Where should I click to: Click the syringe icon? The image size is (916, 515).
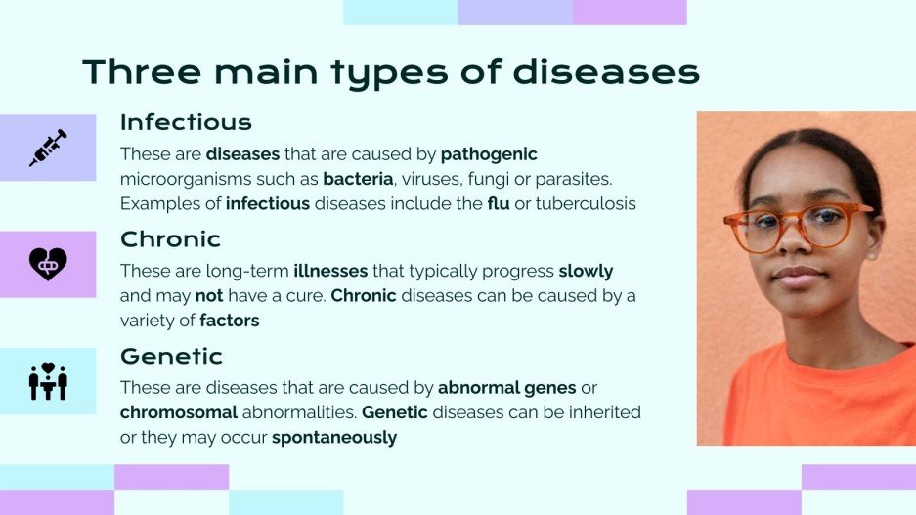click(x=48, y=148)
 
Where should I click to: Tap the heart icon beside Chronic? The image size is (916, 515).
click(x=48, y=265)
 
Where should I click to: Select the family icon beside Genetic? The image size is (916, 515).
click(x=48, y=381)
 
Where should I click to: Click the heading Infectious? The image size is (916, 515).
click(x=186, y=122)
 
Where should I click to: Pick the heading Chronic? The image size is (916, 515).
click(x=170, y=238)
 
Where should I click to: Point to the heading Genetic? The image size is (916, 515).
click(x=171, y=356)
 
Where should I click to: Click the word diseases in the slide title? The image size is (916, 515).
click(x=606, y=71)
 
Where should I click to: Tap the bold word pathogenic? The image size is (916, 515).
click(x=489, y=154)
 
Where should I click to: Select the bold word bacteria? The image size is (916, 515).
click(x=358, y=179)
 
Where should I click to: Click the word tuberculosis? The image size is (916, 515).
click(x=586, y=203)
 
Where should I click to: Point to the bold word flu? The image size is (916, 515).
click(x=499, y=203)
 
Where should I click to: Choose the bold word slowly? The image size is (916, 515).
click(x=586, y=272)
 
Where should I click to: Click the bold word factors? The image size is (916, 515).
click(x=230, y=320)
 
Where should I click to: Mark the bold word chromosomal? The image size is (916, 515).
click(x=179, y=412)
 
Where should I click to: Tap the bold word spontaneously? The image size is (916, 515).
click(x=334, y=438)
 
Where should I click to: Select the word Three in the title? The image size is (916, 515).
click(x=142, y=71)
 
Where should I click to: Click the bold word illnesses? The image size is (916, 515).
click(x=330, y=271)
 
